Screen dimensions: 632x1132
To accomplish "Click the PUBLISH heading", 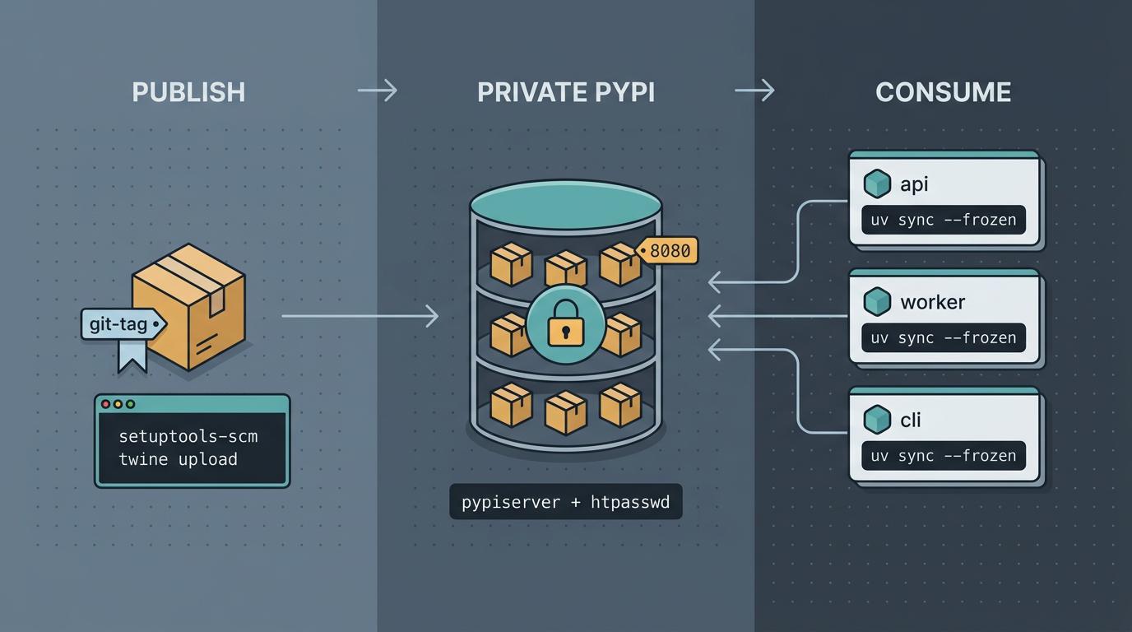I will (188, 91).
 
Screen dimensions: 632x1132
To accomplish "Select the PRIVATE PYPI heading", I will (566, 91).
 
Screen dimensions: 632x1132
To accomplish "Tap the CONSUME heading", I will (943, 91).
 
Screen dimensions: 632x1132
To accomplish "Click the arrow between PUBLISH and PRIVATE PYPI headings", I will (378, 91).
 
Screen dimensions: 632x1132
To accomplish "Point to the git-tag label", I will (120, 324).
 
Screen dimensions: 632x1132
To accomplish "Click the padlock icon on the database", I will (565, 325).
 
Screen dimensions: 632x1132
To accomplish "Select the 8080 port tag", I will (669, 251).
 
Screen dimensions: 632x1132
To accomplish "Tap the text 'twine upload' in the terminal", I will (178, 459).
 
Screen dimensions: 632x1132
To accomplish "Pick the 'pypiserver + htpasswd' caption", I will (566, 502).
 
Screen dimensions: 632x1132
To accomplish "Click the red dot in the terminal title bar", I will (105, 404).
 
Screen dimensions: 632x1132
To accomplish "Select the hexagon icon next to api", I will (877, 184).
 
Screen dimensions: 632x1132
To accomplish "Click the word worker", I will (932, 302).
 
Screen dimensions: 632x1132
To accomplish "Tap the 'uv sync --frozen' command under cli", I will (943, 456).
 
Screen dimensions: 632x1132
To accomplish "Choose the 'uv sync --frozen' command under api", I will (943, 220).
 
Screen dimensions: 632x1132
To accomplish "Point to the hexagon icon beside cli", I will (877, 420).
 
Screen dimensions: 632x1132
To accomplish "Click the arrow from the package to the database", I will (360, 316).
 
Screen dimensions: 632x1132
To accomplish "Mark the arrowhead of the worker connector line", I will (713, 316).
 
